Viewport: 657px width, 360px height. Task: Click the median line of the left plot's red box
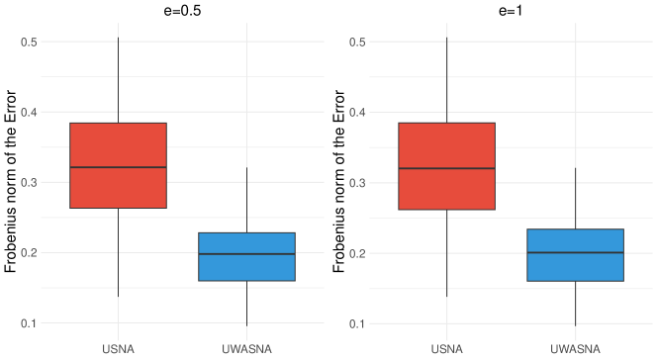tap(118, 167)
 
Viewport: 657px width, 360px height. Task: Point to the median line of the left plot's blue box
tap(246, 254)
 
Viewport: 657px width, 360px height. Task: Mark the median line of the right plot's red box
tap(446, 168)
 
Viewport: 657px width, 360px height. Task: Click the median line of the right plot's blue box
tap(575, 252)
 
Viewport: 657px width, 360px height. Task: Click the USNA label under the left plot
tap(118, 348)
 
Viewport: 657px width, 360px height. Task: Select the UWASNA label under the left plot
tap(246, 348)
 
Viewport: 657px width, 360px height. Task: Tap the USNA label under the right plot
tap(446, 348)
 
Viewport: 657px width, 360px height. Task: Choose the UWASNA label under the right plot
tap(575, 348)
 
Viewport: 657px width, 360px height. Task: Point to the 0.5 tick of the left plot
tap(29, 42)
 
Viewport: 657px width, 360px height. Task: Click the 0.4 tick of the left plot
tap(29, 112)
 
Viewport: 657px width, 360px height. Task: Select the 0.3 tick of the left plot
tap(29, 182)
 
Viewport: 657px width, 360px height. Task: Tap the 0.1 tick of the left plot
tap(29, 322)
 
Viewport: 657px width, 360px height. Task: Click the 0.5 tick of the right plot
tap(357, 42)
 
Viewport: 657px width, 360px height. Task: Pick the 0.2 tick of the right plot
tap(357, 253)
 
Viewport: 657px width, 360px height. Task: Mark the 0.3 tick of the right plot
tap(357, 183)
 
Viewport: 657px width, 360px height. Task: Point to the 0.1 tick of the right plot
tap(357, 323)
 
